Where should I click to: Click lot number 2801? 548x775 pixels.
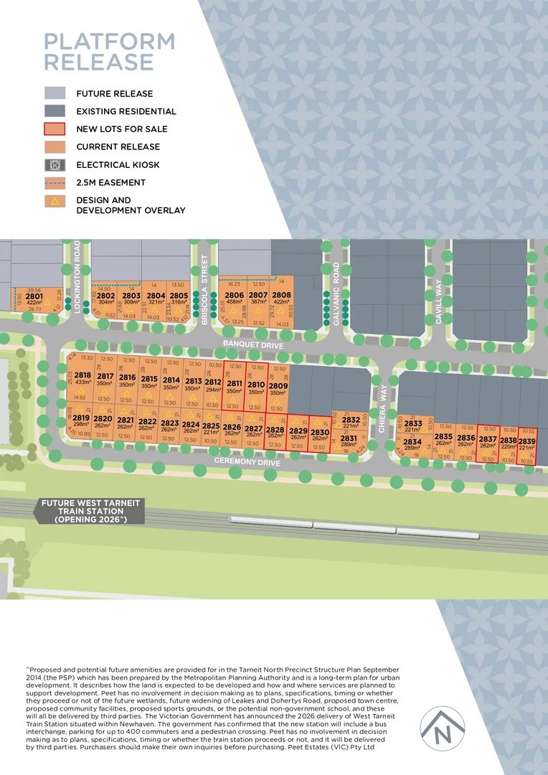tap(34, 296)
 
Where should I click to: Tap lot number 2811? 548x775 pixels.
tap(235, 384)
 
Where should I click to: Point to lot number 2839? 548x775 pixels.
tap(527, 441)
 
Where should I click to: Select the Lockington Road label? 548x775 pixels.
tap(78, 276)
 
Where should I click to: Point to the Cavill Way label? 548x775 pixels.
tap(438, 301)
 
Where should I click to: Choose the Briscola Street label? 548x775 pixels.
tap(204, 291)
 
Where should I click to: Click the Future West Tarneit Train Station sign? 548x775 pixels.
tap(91, 511)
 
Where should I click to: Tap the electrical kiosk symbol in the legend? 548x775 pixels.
tap(55, 164)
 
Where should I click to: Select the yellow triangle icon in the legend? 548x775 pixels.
tap(55, 201)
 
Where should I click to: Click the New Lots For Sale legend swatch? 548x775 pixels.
tap(55, 129)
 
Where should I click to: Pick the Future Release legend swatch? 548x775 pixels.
tap(55, 93)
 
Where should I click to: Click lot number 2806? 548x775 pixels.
tap(234, 296)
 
